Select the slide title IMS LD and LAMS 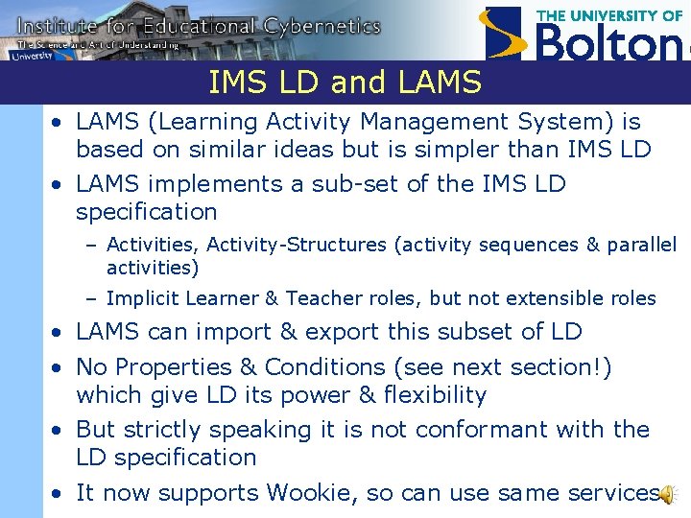[x=345, y=83]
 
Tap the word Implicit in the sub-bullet [x=142, y=298]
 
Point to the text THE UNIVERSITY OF [x=609, y=15]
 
